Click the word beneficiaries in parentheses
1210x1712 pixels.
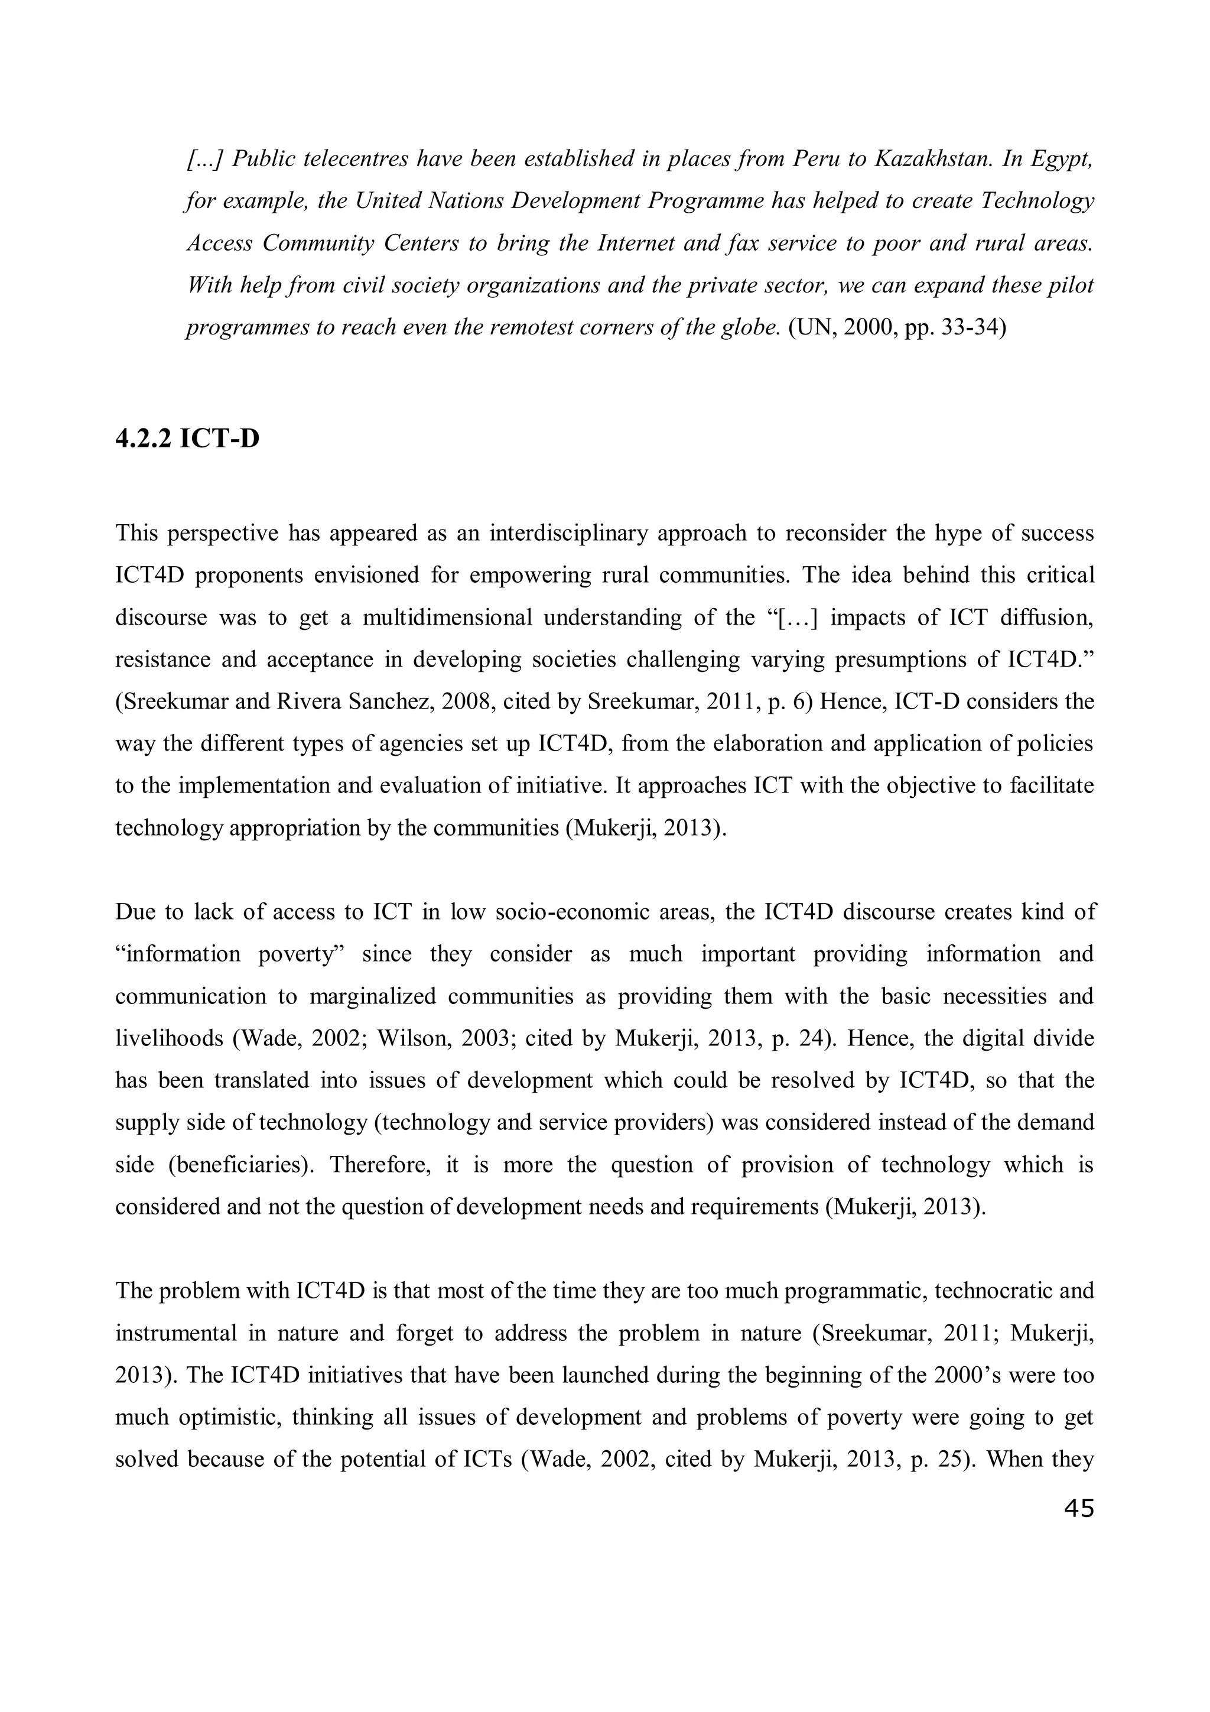(240, 1165)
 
